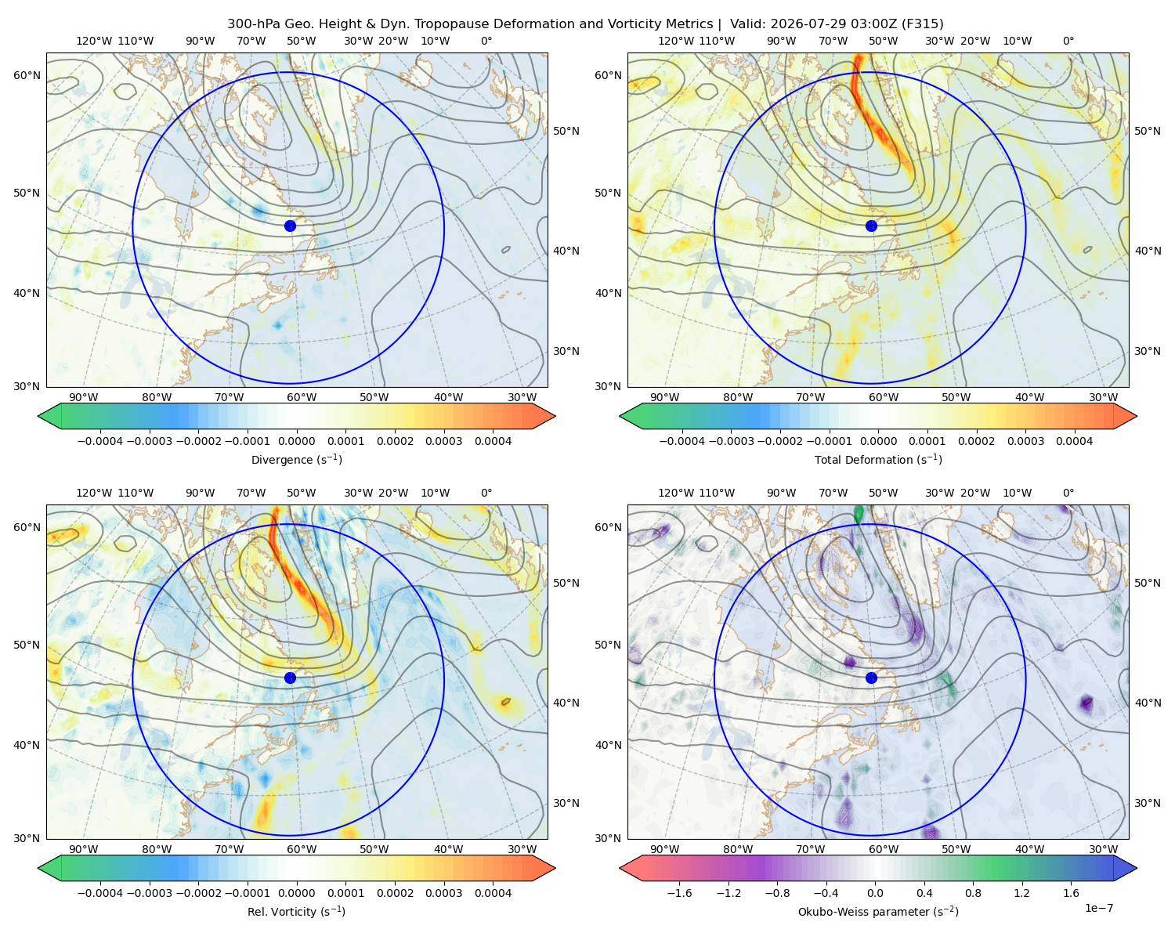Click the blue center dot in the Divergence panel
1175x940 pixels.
(290, 226)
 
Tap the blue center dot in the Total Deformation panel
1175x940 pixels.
(871, 226)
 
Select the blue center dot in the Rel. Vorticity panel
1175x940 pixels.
(290, 678)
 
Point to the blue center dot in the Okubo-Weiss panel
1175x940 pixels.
(871, 678)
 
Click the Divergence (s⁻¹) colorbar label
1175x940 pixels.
(296, 460)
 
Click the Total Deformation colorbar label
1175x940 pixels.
(878, 460)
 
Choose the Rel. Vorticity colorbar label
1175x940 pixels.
(296, 912)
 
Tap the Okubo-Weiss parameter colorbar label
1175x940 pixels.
(878, 912)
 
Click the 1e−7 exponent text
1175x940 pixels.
(1098, 909)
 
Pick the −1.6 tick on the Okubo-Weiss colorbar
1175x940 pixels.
(679, 893)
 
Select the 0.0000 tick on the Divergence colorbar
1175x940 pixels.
(296, 441)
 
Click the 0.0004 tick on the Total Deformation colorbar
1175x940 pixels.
(1075, 441)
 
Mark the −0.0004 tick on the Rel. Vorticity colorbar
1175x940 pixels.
(100, 893)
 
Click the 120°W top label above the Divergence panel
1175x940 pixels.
(94, 41)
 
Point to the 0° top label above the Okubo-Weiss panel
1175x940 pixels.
(1068, 493)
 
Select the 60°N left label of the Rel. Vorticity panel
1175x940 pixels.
(27, 527)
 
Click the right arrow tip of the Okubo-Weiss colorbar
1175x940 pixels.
(1137, 868)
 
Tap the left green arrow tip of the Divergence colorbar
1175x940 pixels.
(38, 416)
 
